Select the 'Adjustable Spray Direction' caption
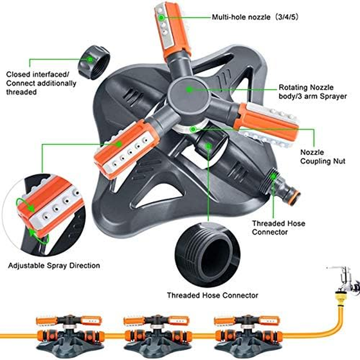click(x=54, y=265)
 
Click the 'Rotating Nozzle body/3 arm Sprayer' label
click(x=312, y=92)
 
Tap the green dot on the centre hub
click(x=189, y=90)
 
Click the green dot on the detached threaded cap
click(x=90, y=58)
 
